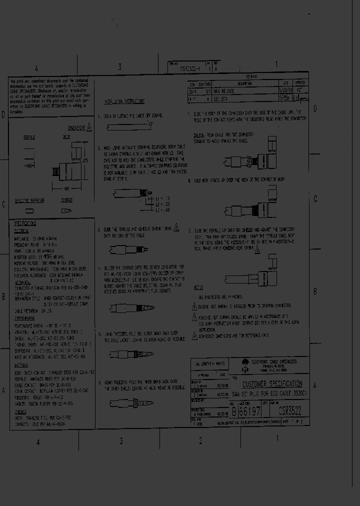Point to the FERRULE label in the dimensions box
pos(28,136)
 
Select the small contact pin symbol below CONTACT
pos(66,211)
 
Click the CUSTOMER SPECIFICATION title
pos(272,384)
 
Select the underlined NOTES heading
pos(197,288)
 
